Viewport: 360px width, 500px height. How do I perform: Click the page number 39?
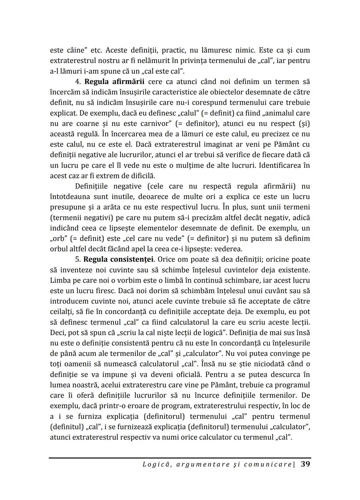pos(305,464)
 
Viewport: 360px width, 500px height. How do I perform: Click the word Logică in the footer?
pos(155,464)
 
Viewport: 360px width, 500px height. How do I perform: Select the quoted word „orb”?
pos(59,239)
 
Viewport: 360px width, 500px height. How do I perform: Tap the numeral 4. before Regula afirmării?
pos(78,82)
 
